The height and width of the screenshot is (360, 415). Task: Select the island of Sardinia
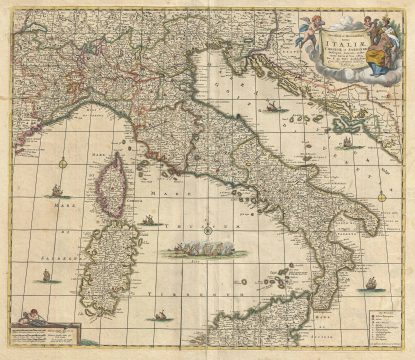pos(104,264)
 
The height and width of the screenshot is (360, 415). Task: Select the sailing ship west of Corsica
pos(58,190)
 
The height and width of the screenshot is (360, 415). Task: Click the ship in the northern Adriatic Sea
pos(271,105)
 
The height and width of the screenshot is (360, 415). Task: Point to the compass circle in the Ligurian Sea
pos(62,162)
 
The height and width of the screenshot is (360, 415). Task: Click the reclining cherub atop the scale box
pos(35,317)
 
